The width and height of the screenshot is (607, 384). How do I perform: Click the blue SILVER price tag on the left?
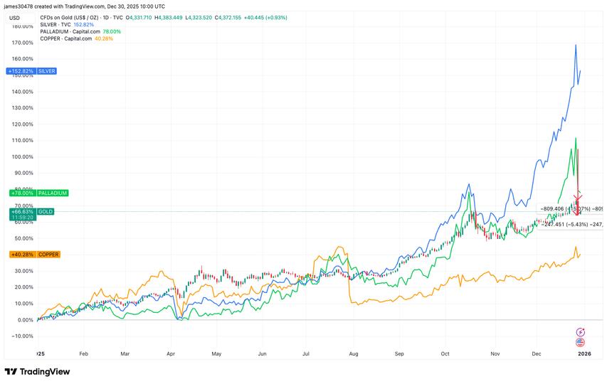tap(31, 71)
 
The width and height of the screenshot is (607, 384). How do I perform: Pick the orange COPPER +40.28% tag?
tap(31, 255)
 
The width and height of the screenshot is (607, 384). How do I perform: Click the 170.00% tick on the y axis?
tap(22, 43)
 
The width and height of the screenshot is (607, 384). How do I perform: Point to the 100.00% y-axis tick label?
tap(22, 156)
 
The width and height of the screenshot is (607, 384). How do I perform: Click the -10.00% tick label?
tap(22, 336)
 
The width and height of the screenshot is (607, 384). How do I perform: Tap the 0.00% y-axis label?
tap(25, 319)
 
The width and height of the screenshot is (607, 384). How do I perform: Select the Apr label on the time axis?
tap(171, 353)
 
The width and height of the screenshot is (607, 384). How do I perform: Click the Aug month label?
tap(353, 353)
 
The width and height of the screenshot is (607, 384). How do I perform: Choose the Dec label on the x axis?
tap(536, 353)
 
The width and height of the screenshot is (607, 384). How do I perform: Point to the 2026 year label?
tap(583, 353)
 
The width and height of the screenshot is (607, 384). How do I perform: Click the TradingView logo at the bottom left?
tap(35, 372)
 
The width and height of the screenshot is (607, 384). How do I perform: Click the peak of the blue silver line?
tap(575, 45)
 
